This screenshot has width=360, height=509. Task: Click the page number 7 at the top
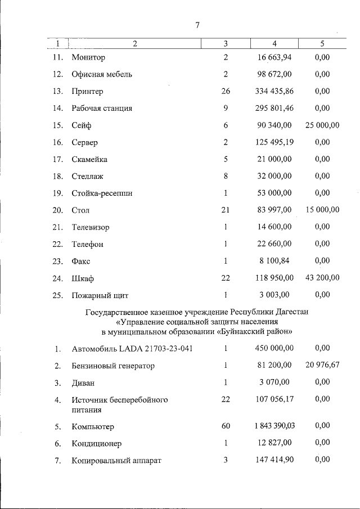coord(197,25)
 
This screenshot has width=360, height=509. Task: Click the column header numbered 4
coord(274,43)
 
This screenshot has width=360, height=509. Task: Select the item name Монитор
coord(88,57)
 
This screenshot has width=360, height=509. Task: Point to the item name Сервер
coord(84,143)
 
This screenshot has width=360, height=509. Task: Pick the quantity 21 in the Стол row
coord(226,210)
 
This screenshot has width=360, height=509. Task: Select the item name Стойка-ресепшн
coord(102,193)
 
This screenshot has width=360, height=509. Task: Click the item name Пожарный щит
coord(100,295)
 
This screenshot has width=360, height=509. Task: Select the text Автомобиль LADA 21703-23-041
coord(132,349)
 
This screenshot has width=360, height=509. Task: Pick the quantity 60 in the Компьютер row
coord(226,426)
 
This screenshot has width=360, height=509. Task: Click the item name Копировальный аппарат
coord(116,461)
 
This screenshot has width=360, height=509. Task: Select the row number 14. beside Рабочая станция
coord(57,109)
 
